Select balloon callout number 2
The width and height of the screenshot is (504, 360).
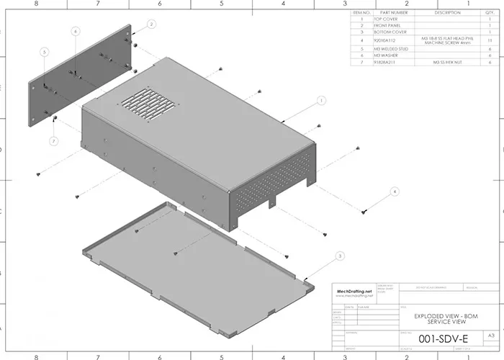pos(151,24)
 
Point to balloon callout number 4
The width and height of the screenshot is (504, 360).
pos(394,192)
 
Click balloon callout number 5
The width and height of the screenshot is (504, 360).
pos(44,53)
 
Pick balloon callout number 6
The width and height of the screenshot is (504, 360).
pos(76,32)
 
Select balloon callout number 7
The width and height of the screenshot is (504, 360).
pos(53,140)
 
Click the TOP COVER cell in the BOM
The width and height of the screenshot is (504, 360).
pos(390,19)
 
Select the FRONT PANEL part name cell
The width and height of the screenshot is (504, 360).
pos(390,26)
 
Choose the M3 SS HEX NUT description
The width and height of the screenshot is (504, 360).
pos(446,63)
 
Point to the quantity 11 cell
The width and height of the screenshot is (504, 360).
pos(490,41)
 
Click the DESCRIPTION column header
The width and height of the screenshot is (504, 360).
pos(446,12)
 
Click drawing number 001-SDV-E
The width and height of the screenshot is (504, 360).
pos(438,336)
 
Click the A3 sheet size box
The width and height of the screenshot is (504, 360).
pos(491,336)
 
